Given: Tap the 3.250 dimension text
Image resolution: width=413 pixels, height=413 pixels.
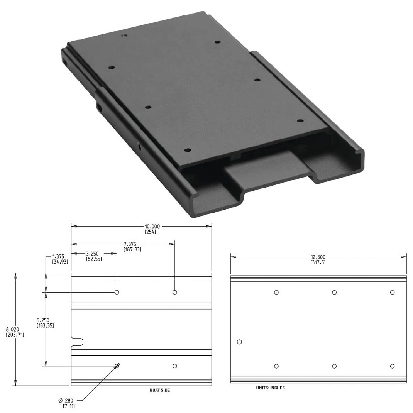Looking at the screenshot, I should click(92, 254).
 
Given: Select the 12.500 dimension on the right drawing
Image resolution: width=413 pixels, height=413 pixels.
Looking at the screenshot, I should click(318, 257).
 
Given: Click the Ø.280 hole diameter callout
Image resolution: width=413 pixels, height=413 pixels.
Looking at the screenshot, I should click(66, 400).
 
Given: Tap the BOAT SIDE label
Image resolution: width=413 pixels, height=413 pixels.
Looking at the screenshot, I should click(159, 390).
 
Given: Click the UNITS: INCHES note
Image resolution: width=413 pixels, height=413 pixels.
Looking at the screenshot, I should click(270, 388).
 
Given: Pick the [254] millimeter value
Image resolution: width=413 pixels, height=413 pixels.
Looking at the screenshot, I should click(150, 232).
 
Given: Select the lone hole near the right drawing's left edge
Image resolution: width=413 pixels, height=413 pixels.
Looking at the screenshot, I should click(239, 342).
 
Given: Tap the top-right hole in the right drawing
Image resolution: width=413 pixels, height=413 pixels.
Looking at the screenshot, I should click(392, 292).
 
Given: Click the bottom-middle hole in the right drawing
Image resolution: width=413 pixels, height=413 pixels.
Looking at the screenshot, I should click(334, 366).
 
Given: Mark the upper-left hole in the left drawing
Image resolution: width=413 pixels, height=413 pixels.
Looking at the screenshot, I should click(117, 292).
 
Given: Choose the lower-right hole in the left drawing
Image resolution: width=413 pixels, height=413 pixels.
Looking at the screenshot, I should click(175, 366).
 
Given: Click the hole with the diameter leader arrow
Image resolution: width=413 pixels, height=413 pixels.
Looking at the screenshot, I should click(116, 366).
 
